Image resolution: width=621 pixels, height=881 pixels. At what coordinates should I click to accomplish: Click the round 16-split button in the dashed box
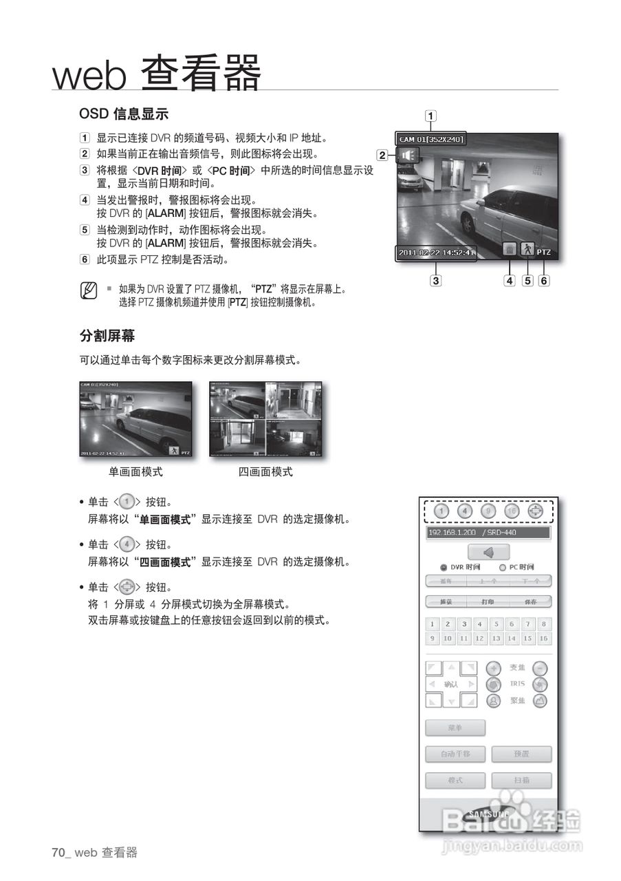512,511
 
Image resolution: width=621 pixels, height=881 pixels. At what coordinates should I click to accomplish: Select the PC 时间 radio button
503,567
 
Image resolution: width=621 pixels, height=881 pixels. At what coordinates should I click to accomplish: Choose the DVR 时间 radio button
444,567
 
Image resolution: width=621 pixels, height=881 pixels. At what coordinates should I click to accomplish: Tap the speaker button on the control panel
488,552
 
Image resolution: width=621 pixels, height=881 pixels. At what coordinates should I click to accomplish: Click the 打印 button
488,602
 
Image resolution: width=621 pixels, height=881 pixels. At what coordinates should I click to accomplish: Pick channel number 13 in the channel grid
496,639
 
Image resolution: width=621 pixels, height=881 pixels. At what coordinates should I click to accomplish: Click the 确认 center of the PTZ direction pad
451,684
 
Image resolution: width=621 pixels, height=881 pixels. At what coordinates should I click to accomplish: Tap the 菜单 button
455,728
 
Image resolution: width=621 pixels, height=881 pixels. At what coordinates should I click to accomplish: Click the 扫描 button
521,781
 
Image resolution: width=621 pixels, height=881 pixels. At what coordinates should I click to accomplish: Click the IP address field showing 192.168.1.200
488,533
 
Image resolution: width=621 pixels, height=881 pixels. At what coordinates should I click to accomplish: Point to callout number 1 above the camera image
431,116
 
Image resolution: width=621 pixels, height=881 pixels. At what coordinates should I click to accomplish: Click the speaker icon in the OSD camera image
407,156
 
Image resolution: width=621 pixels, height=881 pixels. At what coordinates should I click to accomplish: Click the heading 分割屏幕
107,336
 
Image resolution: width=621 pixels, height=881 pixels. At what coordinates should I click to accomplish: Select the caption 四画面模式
265,472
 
